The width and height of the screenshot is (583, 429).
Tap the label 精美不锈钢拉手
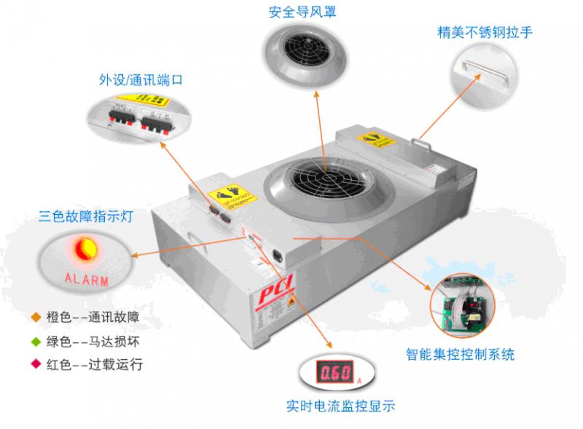(478, 32)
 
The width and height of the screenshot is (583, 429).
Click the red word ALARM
(87, 280)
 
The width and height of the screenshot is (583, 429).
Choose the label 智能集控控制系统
(460, 355)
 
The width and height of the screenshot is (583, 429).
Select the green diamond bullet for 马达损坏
(34, 339)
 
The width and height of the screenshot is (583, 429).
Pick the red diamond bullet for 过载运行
(34, 362)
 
